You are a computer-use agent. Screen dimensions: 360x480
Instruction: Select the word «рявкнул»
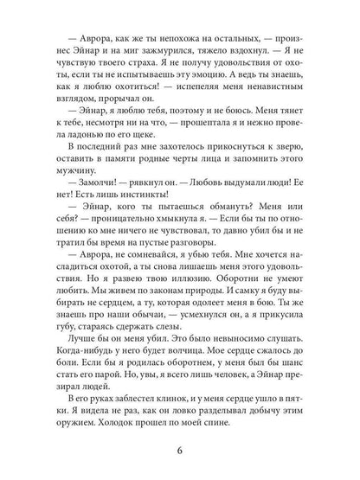pos(143,208)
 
